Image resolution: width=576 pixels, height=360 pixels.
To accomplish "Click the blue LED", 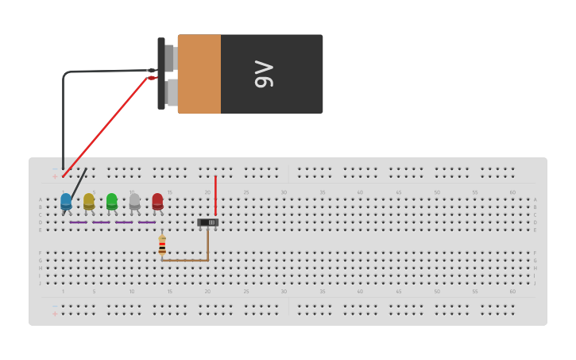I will click(x=66, y=201).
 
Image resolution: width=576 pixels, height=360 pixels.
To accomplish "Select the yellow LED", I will click(x=89, y=201).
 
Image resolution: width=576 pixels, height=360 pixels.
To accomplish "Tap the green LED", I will click(x=112, y=201).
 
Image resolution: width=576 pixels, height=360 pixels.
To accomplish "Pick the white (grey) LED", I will click(x=134, y=201).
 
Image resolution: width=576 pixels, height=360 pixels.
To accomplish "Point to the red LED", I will click(x=157, y=201).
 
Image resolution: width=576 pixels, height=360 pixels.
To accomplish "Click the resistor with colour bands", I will click(x=162, y=245).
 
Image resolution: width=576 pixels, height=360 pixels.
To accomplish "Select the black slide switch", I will click(x=207, y=223).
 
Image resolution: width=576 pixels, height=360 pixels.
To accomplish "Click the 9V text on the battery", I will click(x=264, y=74).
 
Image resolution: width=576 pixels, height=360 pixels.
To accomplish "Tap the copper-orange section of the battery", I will click(x=199, y=74).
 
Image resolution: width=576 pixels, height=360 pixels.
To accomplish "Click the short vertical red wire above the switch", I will click(x=215, y=195).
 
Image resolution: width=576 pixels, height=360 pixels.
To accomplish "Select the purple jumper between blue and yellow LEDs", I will click(x=78, y=223).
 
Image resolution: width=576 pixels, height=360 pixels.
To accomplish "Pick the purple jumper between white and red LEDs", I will click(x=146, y=223).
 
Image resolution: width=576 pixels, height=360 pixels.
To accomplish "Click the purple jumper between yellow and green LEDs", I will click(x=101, y=223).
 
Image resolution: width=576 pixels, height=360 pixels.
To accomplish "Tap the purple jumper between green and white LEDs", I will click(x=124, y=223).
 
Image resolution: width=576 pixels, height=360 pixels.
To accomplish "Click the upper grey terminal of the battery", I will click(x=170, y=58).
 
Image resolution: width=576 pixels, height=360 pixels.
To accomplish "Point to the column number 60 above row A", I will click(x=512, y=192).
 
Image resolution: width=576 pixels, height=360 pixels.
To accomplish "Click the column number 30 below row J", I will click(x=284, y=291).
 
